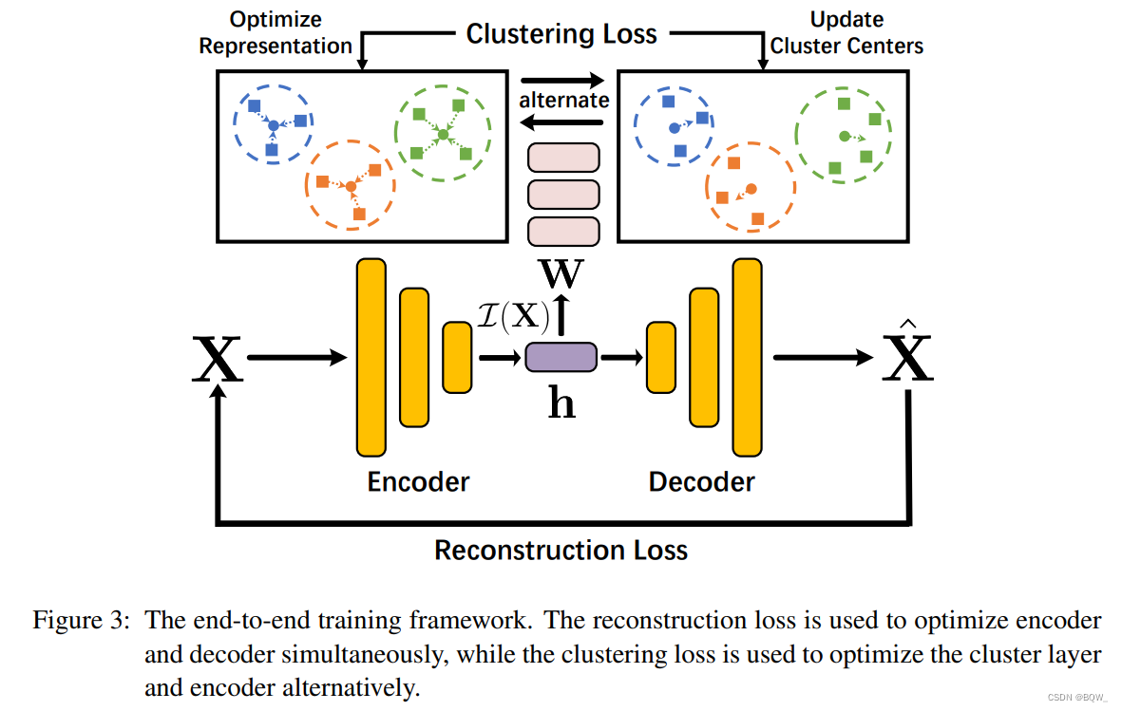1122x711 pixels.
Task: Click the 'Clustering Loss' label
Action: click(x=561, y=34)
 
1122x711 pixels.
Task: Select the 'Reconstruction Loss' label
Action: click(x=561, y=550)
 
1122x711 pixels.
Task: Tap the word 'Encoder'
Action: click(x=418, y=481)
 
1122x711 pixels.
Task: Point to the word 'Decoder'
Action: click(x=701, y=481)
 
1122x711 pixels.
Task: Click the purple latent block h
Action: click(x=561, y=357)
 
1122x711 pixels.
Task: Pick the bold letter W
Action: click(x=561, y=275)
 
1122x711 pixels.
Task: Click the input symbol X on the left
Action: click(x=218, y=360)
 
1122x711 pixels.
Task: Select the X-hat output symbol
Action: click(x=907, y=358)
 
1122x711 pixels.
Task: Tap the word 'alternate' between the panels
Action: click(x=563, y=101)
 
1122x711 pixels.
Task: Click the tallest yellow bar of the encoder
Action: click(x=371, y=357)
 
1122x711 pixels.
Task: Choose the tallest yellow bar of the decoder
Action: click(x=747, y=357)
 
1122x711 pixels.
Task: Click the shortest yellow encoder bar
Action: click(x=457, y=357)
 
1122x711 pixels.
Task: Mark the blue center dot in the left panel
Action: click(x=273, y=125)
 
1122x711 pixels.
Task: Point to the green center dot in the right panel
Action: click(x=844, y=137)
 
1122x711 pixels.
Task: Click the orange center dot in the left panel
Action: click(x=351, y=187)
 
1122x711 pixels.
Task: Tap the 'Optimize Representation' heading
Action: click(x=276, y=32)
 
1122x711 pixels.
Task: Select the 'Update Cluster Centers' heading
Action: click(x=846, y=32)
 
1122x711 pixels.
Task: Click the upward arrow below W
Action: click(x=561, y=314)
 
